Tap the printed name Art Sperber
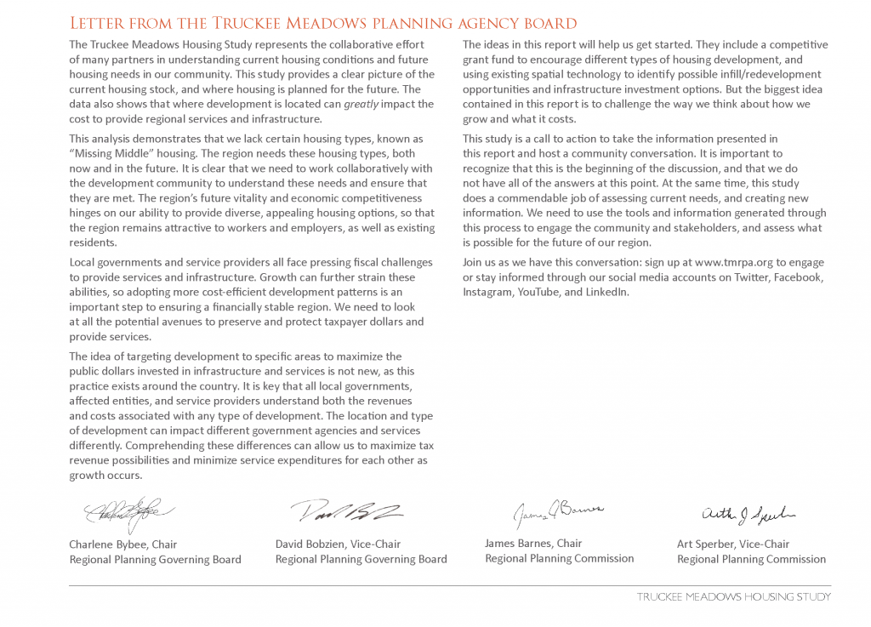pyautogui.click(x=706, y=544)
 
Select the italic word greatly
pyautogui.click(x=361, y=104)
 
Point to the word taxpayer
pyautogui.click(x=329, y=322)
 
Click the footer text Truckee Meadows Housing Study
pyautogui.click(x=733, y=596)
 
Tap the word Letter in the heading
pyautogui.click(x=100, y=23)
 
